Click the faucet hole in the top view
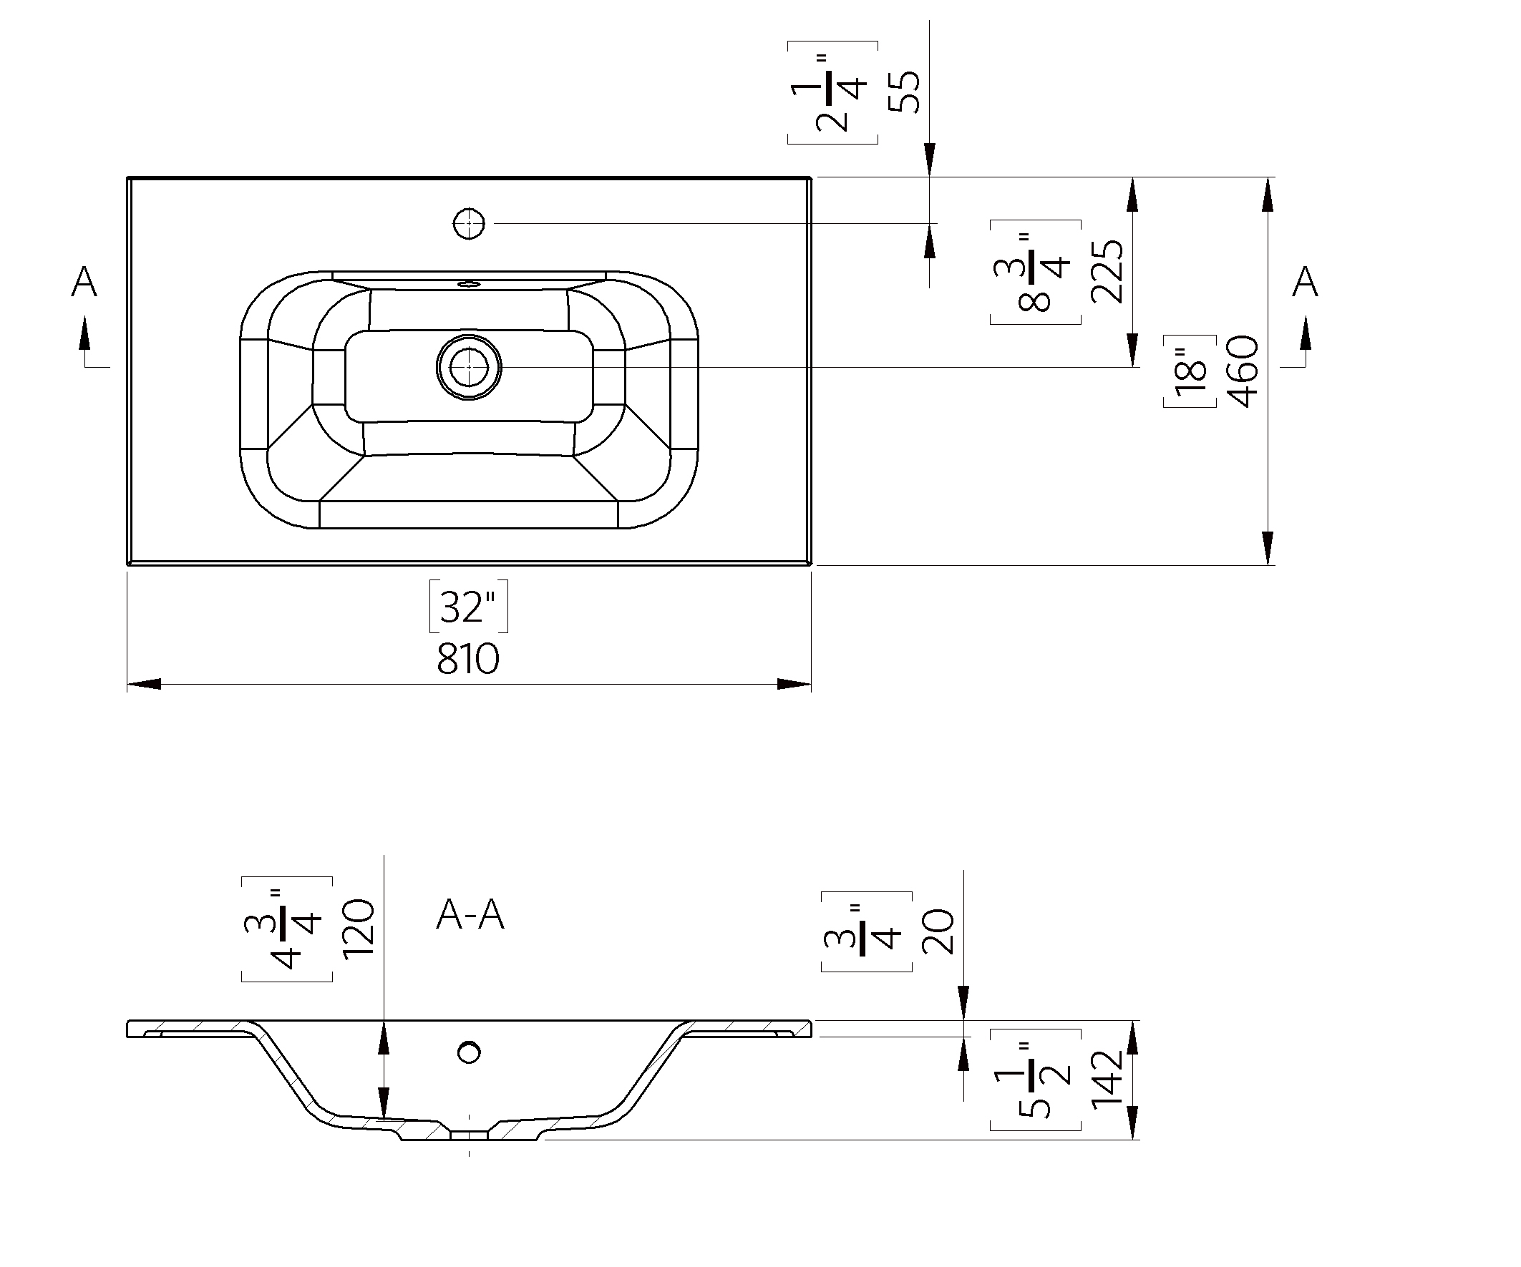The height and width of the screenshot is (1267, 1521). click(x=469, y=224)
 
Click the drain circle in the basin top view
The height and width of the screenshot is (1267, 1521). click(x=469, y=367)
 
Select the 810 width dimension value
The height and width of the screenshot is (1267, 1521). click(x=468, y=660)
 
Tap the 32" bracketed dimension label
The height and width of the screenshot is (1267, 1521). click(x=469, y=607)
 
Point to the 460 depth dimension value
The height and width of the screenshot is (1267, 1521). click(x=1243, y=371)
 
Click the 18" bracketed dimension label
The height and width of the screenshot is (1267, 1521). click(x=1190, y=371)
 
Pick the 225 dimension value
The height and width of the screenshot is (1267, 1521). click(x=1107, y=272)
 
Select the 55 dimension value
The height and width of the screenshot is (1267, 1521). click(x=904, y=92)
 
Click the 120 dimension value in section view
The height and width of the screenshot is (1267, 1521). click(x=358, y=929)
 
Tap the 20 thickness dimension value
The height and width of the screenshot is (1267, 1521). click(x=938, y=931)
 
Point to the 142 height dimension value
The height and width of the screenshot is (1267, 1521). click(x=1107, y=1080)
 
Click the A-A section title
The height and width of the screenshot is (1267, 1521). click(x=470, y=915)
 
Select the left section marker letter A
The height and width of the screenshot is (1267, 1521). click(x=84, y=282)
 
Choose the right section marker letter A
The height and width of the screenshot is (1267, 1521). click(x=1305, y=282)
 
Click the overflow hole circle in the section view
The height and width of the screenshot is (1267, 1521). click(x=470, y=1052)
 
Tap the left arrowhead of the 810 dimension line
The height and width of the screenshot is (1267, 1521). click(x=143, y=684)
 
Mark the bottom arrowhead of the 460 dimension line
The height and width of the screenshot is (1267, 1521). click(x=1268, y=547)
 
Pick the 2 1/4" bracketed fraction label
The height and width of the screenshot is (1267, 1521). click(x=833, y=92)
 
